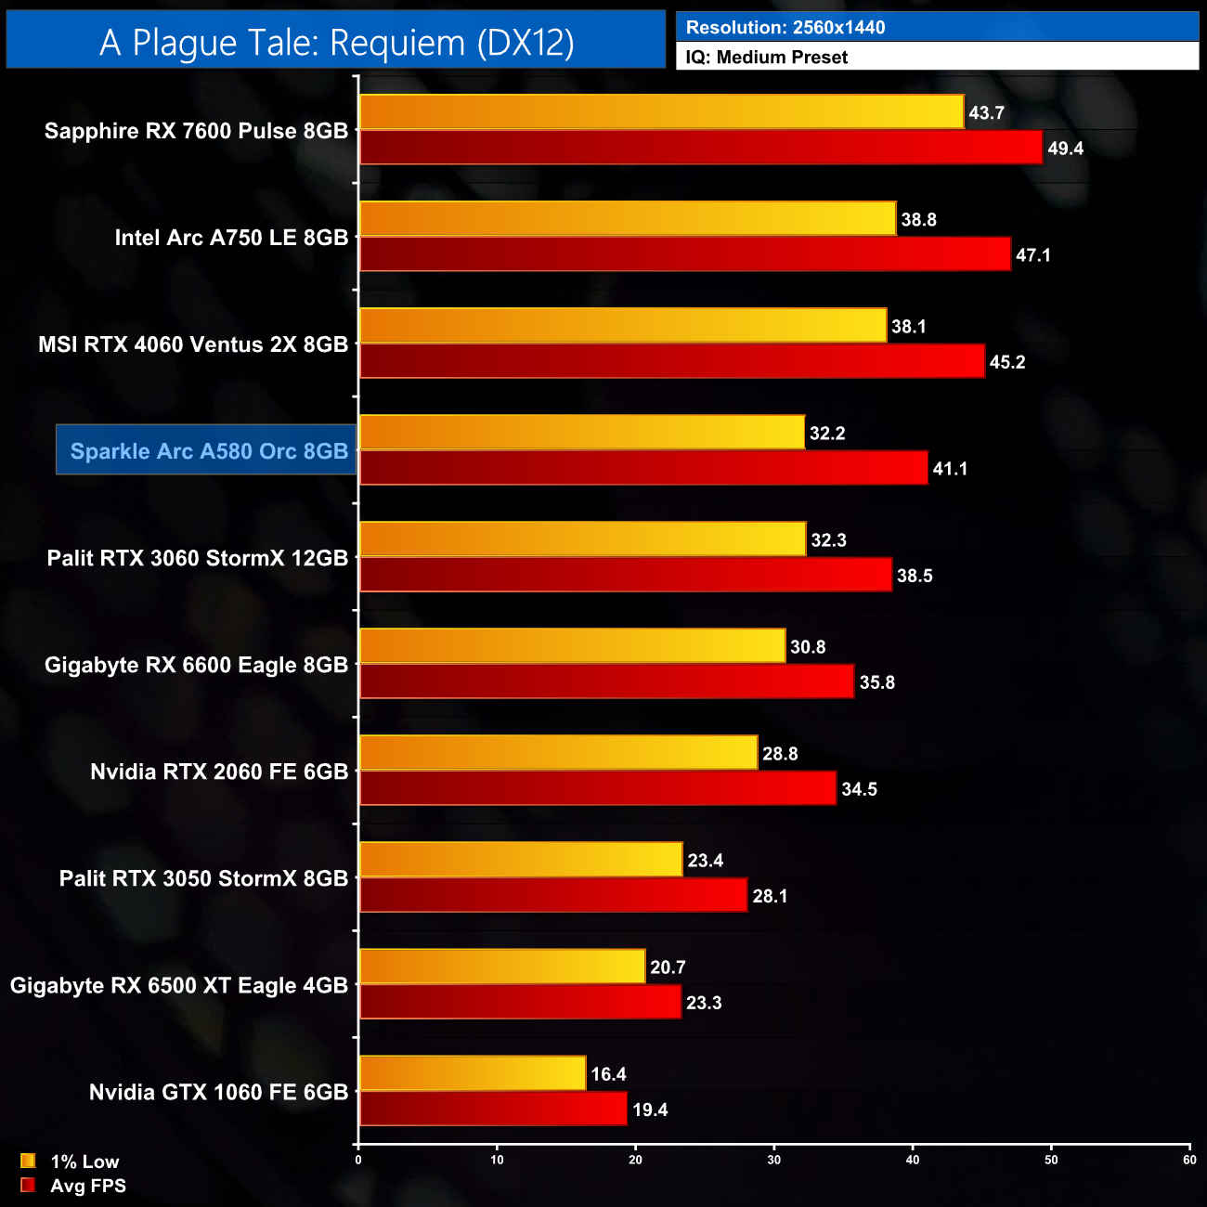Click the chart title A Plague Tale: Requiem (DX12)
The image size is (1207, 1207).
click(x=336, y=42)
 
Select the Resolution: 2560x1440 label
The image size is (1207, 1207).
click(x=785, y=27)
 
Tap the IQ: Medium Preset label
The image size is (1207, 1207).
click(x=766, y=57)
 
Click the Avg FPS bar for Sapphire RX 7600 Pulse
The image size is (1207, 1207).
click(x=701, y=148)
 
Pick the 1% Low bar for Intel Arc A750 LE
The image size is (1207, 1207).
click(x=628, y=219)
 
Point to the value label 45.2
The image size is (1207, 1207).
click(x=1007, y=362)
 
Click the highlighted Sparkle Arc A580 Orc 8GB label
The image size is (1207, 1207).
click(x=209, y=451)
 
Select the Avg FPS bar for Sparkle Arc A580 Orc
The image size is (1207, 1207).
click(x=643, y=468)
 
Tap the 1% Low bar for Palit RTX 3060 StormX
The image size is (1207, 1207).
click(x=582, y=539)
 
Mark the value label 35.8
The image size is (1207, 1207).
click(x=877, y=682)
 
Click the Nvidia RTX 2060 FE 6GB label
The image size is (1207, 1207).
click(x=219, y=772)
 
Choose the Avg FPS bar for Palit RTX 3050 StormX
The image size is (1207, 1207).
click(x=553, y=895)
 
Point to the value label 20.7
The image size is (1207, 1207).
click(x=668, y=967)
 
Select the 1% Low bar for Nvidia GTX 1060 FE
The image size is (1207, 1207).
click(x=473, y=1073)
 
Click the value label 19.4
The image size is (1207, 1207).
click(x=650, y=1110)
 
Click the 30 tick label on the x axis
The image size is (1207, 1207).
click(x=774, y=1160)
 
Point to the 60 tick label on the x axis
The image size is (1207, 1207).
click(x=1189, y=1160)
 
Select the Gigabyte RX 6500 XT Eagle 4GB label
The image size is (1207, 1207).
click(x=179, y=985)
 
